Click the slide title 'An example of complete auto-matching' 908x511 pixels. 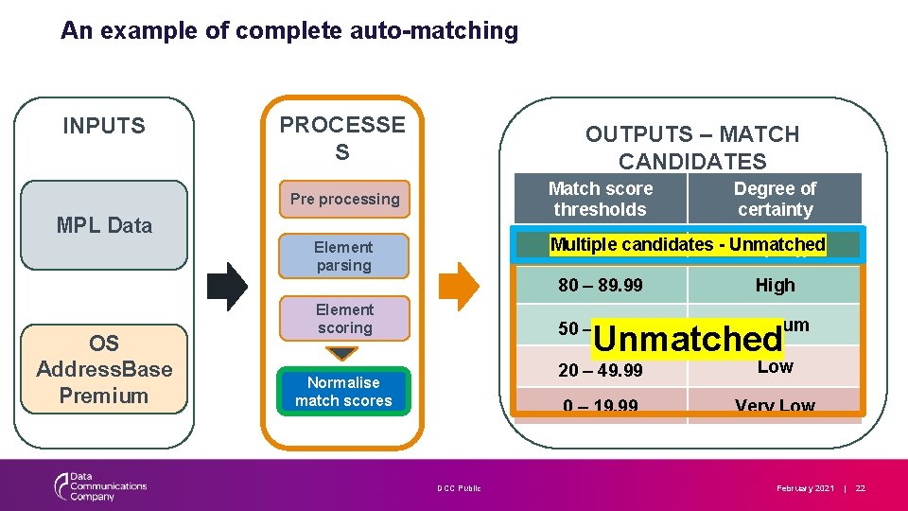tap(289, 31)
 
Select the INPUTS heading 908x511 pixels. tap(104, 126)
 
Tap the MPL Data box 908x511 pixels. tap(104, 225)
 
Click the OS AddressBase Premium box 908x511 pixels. tap(104, 369)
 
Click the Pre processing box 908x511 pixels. tap(344, 199)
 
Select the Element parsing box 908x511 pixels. tap(344, 256)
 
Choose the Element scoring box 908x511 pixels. tap(344, 319)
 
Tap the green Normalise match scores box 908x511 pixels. tap(343, 392)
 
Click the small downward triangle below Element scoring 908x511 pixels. tap(343, 354)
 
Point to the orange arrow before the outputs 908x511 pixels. tap(462, 287)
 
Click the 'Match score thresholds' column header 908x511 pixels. tap(601, 199)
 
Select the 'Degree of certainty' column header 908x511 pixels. tap(775, 199)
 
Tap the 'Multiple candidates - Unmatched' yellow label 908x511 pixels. tap(688, 244)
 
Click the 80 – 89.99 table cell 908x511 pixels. tap(600, 285)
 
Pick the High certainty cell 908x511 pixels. tap(775, 285)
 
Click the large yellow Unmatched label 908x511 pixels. tap(688, 338)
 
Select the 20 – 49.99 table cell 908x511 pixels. tap(600, 370)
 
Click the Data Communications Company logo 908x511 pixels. tap(99, 486)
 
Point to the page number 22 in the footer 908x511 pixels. tap(860, 488)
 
